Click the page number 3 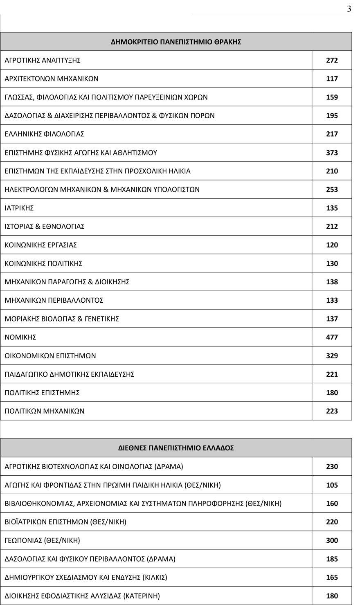point(349,9)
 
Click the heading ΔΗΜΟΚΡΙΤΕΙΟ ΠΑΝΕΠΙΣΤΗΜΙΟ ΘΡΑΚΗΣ point(176,42)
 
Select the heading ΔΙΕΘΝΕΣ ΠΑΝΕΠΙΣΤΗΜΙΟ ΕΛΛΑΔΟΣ point(176,448)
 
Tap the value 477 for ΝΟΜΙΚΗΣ point(332,337)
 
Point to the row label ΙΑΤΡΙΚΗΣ point(19,208)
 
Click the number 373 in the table point(332,153)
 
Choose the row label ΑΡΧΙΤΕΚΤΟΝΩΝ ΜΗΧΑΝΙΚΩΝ point(52,79)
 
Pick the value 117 point(332,79)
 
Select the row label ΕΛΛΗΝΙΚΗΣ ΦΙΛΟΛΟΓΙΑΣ point(44,134)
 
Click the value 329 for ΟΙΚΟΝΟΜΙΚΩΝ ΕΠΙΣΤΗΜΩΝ point(332,356)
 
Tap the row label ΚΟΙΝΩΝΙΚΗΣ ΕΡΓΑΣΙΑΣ point(40,245)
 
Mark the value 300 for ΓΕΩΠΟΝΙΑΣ point(332,541)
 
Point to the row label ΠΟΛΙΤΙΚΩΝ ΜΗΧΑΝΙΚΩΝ point(44,411)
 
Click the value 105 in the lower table point(332,485)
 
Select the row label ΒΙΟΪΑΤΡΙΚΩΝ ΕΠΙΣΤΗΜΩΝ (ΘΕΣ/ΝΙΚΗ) point(65,522)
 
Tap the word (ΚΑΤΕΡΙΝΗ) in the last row point(142,596)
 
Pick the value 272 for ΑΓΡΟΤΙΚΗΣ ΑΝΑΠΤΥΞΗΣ point(332,61)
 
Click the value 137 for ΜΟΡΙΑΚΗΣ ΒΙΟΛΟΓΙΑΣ point(332,319)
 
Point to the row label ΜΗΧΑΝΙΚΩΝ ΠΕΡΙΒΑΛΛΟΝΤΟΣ point(54,300)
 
